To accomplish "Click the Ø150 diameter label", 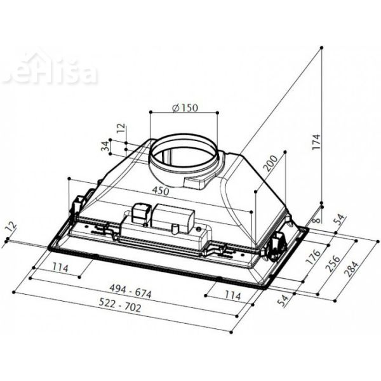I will point(185,107).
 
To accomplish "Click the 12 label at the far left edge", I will point(8,227).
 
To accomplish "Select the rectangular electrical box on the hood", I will point(173,217).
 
